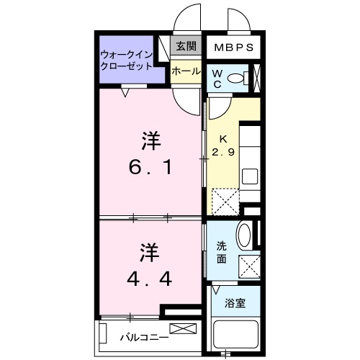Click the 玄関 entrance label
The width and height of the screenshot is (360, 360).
point(186,47)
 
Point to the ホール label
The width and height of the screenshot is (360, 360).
point(185,71)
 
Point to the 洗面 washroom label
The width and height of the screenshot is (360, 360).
point(224,251)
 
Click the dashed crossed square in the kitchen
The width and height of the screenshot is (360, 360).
point(225,201)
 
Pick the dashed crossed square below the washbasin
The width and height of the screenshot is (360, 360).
point(248,266)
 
